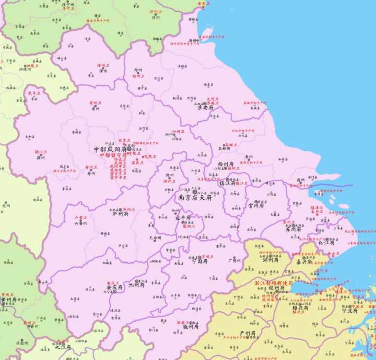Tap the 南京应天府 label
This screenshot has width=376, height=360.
(195, 197)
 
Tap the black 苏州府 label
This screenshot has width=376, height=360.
(293, 229)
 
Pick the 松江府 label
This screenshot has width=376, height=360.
(327, 242)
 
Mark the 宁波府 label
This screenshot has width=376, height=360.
(350, 311)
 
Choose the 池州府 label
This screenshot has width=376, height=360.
(136, 285)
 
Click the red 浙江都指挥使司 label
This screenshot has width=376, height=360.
(274, 283)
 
